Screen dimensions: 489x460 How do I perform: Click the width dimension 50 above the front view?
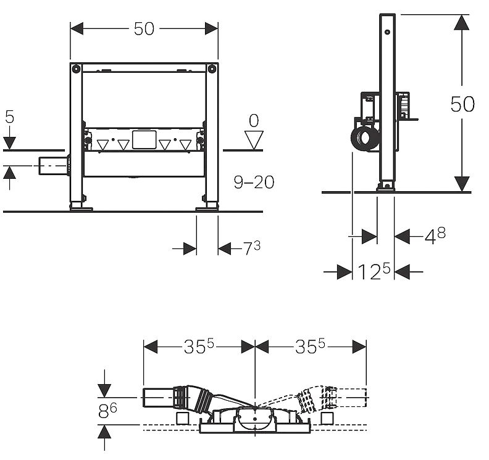(x=144, y=28)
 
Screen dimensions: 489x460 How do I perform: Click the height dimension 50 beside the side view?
(x=462, y=104)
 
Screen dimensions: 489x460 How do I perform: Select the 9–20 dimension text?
(x=254, y=182)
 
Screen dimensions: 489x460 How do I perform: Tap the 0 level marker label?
(x=254, y=120)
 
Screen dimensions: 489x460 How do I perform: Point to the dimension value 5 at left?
(x=10, y=117)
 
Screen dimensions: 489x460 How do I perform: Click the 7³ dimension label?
(x=252, y=248)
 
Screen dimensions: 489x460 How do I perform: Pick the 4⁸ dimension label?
(x=435, y=236)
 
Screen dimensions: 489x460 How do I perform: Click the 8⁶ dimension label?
(x=107, y=411)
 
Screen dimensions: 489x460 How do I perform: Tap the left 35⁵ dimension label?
(x=199, y=346)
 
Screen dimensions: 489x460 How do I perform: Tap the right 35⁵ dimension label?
(x=310, y=346)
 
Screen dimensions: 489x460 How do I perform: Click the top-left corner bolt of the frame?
(x=76, y=68)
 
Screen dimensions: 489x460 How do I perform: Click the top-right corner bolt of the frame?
(x=212, y=68)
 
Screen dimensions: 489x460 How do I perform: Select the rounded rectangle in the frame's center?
(x=144, y=139)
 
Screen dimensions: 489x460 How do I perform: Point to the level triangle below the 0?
(x=254, y=140)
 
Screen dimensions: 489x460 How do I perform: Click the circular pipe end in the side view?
(x=364, y=138)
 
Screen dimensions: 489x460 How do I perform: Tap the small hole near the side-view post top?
(x=387, y=32)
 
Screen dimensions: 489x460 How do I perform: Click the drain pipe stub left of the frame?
(x=52, y=166)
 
